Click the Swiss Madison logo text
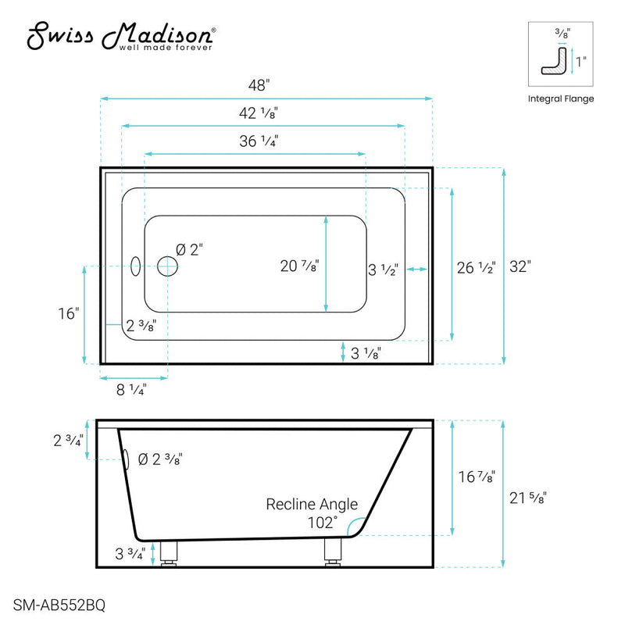click(x=122, y=37)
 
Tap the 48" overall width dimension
click(x=266, y=84)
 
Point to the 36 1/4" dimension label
click(x=259, y=141)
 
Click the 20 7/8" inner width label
click(x=299, y=266)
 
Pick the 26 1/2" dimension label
click(x=476, y=267)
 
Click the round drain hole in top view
click(x=167, y=267)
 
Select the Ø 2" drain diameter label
click(x=190, y=250)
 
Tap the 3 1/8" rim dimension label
click(x=366, y=354)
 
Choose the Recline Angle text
click(x=312, y=504)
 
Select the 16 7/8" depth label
click(x=476, y=474)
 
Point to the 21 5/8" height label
click(x=527, y=496)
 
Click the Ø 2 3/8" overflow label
click(x=159, y=459)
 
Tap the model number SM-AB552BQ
click(x=60, y=604)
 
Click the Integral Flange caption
click(x=561, y=99)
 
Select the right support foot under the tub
click(x=331, y=553)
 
